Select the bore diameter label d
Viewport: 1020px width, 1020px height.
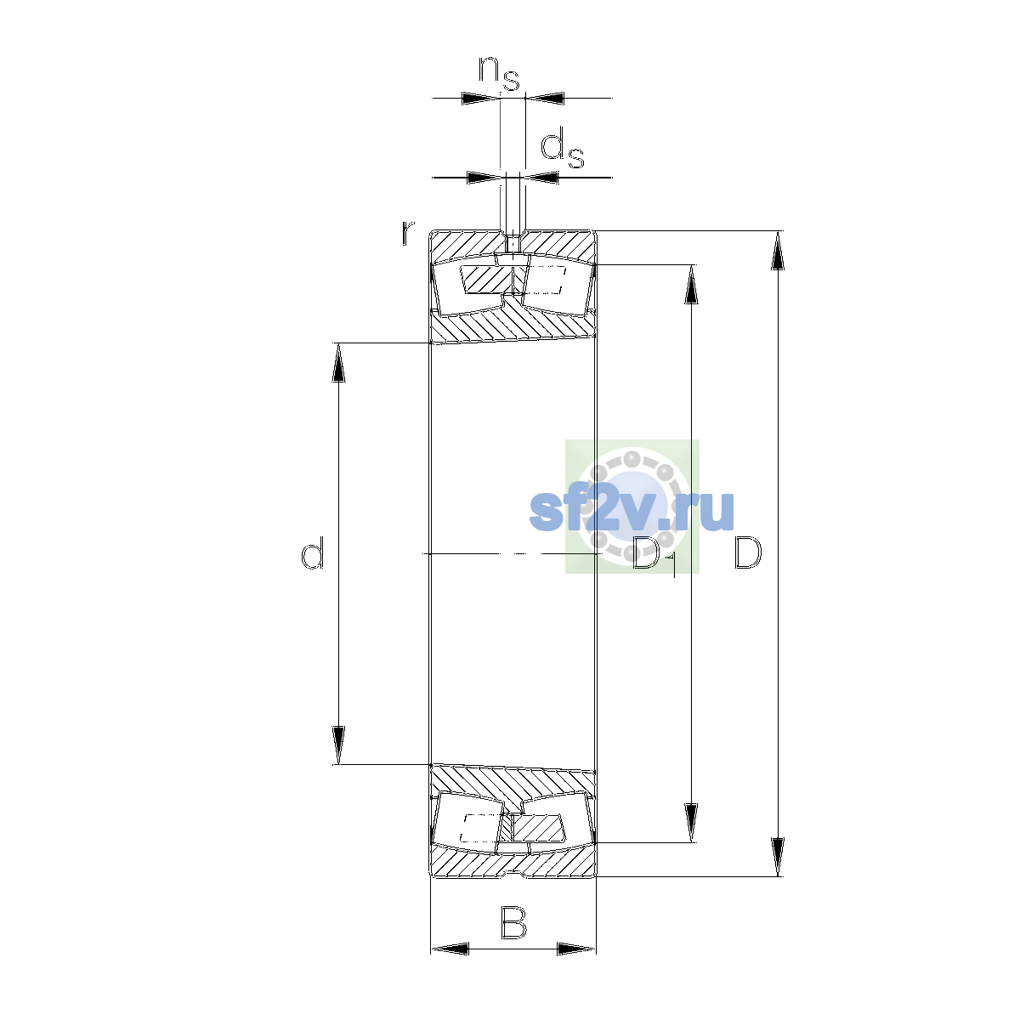click(312, 552)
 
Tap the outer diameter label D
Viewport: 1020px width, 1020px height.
click(747, 552)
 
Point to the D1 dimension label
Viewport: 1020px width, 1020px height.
click(654, 557)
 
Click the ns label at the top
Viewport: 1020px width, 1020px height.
click(499, 73)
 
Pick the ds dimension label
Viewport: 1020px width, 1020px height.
click(562, 150)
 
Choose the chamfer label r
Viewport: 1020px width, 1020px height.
click(407, 233)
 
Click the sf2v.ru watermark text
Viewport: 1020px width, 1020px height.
click(632, 511)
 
